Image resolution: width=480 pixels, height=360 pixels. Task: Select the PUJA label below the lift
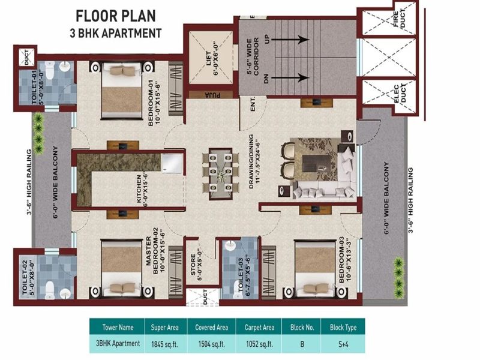coord(212,94)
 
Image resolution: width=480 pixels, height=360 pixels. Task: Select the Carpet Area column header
coord(260,328)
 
